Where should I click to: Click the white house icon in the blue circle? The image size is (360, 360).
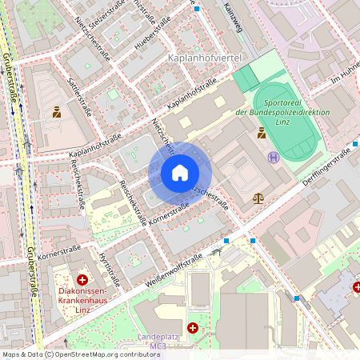180,173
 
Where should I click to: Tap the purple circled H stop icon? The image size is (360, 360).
274,158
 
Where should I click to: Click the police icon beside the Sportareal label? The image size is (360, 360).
262,134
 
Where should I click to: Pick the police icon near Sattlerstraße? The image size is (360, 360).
57,112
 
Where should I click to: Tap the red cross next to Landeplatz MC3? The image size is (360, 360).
193,327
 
